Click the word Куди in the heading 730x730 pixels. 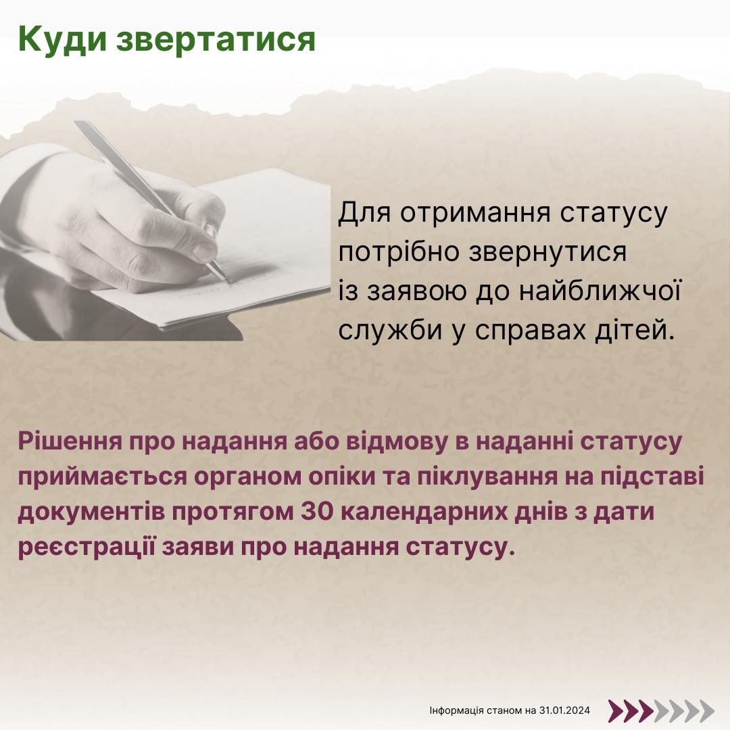(62, 40)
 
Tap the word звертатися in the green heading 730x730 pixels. (216, 40)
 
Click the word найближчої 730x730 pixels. (600, 291)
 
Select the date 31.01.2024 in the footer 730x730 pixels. (564, 710)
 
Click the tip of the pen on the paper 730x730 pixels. (226, 281)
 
